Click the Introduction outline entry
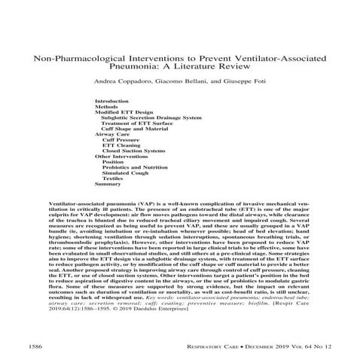(x=111, y=100)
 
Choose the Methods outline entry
(x=106, y=106)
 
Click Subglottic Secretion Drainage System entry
(x=151, y=118)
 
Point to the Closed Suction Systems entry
(x=133, y=154)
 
